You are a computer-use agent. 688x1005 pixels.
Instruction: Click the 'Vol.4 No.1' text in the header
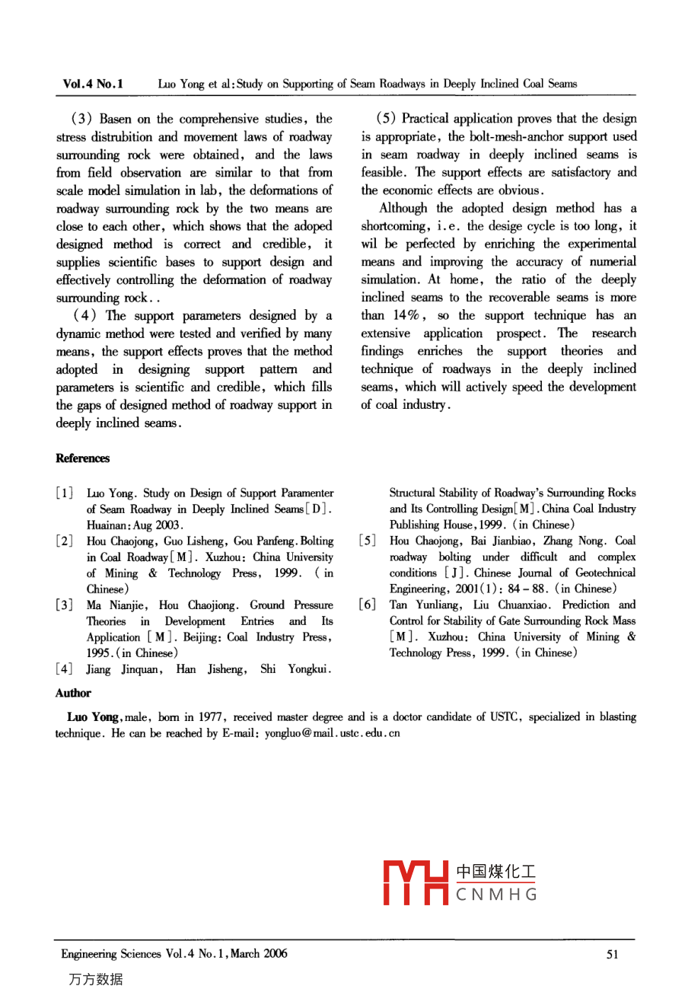point(93,84)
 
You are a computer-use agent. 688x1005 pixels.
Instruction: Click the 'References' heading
point(82,458)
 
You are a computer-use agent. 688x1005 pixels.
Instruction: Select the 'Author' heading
point(73,694)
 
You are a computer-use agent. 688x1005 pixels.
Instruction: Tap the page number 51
point(613,955)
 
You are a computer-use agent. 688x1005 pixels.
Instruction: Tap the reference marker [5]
point(368,541)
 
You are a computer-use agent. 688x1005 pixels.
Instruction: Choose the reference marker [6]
point(368,605)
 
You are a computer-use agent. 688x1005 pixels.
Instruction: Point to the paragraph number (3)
point(81,119)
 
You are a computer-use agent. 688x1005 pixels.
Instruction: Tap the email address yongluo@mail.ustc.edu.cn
point(332,733)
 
